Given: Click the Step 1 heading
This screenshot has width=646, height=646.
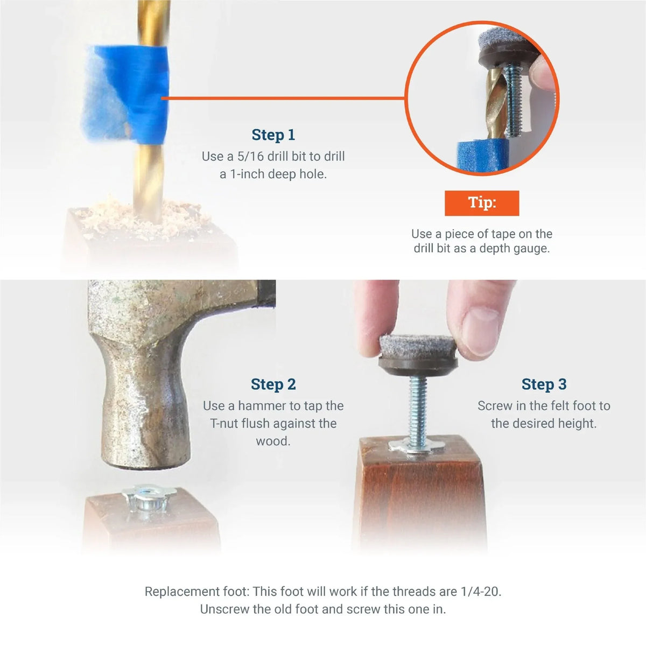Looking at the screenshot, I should point(273,135).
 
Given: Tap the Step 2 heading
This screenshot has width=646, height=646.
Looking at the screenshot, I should point(273,384).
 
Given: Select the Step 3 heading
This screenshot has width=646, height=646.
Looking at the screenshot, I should point(544,384).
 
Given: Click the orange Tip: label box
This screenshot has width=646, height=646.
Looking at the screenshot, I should point(482,203).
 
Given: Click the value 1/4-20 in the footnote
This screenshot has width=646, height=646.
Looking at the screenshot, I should point(480,591).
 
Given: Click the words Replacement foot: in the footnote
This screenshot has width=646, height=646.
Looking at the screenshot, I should point(196,591).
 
